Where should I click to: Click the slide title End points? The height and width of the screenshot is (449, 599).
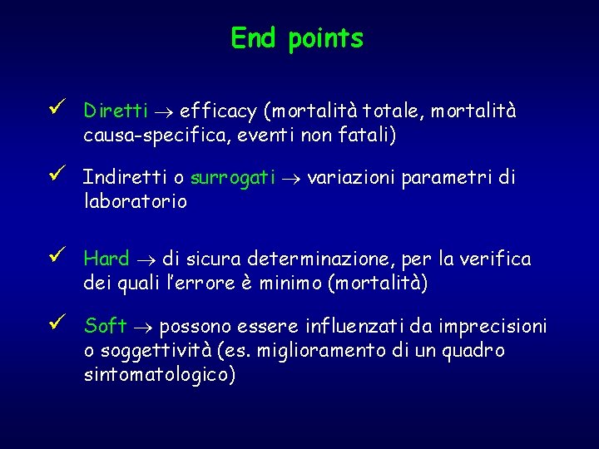(297, 38)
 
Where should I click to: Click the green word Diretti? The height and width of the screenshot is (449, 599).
(116, 111)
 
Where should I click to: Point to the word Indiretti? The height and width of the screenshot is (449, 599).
(124, 178)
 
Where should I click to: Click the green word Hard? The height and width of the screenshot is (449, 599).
(107, 259)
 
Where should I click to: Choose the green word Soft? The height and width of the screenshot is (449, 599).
(106, 325)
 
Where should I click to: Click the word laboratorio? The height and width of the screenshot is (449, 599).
(136, 201)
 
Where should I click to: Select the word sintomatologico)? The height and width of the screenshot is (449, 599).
(160, 375)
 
